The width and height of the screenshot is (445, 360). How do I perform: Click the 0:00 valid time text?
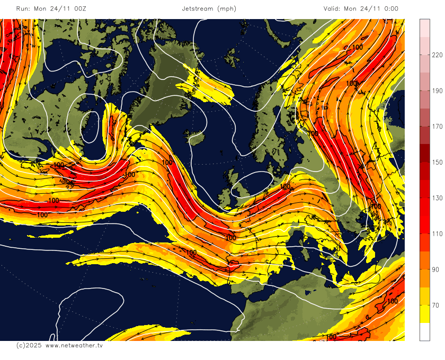pos(389,8)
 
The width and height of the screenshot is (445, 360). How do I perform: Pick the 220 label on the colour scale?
pos(437,55)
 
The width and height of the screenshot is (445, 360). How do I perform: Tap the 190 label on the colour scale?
pos(437,91)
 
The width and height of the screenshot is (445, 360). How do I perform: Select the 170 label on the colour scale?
pos(437,127)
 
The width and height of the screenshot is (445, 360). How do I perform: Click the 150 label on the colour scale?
pos(437,162)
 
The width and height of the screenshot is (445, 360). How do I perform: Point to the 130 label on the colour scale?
pos(437,198)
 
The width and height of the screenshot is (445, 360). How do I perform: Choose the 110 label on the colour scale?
pos(437,233)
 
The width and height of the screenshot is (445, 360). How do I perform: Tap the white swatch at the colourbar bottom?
pos(424,331)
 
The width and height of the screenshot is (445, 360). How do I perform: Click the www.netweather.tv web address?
pos(74,345)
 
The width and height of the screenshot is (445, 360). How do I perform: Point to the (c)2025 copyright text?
pos(29,345)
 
